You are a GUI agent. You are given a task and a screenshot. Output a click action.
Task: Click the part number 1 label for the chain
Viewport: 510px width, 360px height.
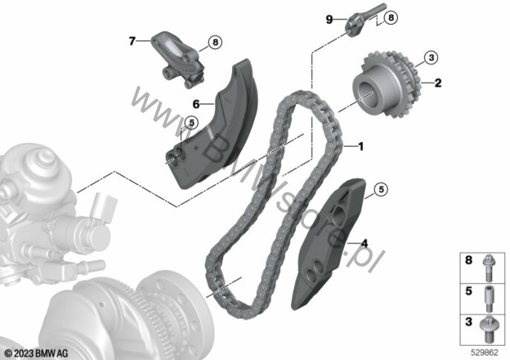click(x=361, y=147)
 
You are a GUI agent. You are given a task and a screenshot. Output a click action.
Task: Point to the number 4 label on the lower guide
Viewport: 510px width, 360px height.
click(x=364, y=242)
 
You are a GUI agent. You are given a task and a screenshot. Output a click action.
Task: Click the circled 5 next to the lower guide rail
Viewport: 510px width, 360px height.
click(x=381, y=191)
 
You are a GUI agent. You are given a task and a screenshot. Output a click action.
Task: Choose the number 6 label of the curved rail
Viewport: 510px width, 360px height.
click(x=196, y=104)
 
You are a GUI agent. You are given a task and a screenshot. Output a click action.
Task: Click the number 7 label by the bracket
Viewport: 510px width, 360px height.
click(x=132, y=42)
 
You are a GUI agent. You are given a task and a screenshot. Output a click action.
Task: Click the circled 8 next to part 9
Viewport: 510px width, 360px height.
click(x=393, y=16)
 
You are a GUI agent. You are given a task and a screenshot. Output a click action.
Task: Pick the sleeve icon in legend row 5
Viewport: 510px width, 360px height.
click(x=488, y=293)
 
